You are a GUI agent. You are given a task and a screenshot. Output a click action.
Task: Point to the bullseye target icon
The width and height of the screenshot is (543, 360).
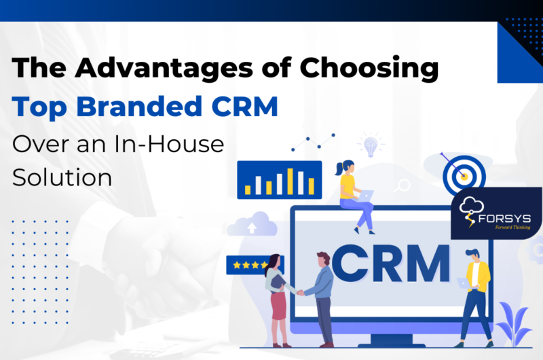464,176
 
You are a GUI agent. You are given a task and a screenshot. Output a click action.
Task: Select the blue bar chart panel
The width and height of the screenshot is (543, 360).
279,179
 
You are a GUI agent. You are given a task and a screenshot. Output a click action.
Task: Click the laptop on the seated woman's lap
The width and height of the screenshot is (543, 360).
366,196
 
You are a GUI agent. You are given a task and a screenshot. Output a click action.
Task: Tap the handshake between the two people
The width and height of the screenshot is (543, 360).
299,292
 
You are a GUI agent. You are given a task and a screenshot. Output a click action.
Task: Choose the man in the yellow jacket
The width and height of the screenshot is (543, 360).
476,292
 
